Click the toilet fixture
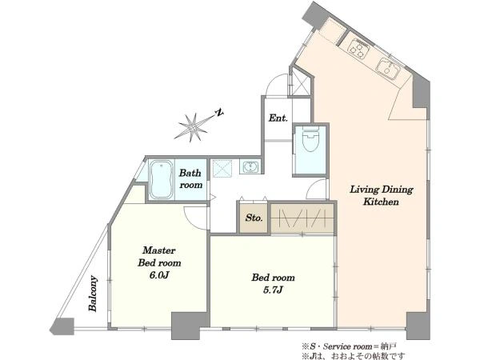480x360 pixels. pyautogui.click(x=310, y=139)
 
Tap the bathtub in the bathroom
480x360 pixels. pyautogui.click(x=160, y=179)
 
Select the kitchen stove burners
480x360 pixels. pyautogui.click(x=358, y=49)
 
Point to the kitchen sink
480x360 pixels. pyautogui.click(x=387, y=69)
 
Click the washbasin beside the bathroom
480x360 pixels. pyautogui.click(x=250, y=167)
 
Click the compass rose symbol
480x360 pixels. pyautogui.click(x=192, y=126)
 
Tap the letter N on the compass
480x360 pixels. pyautogui.click(x=219, y=113)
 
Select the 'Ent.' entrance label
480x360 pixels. pyautogui.click(x=278, y=118)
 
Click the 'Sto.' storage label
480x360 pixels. pyautogui.click(x=254, y=218)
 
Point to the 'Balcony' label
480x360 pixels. pyautogui.click(x=93, y=294)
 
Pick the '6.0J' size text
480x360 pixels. pyautogui.click(x=159, y=275)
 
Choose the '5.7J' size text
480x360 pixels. pyautogui.click(x=273, y=290)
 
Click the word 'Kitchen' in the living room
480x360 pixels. pyautogui.click(x=381, y=202)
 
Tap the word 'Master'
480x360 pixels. pyautogui.click(x=159, y=250)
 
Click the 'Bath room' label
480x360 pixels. pyautogui.click(x=190, y=178)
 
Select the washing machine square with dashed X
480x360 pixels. pyautogui.click(x=222, y=168)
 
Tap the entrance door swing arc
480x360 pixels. pyautogui.click(x=274, y=82)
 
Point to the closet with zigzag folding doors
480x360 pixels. pyautogui.click(x=302, y=218)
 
